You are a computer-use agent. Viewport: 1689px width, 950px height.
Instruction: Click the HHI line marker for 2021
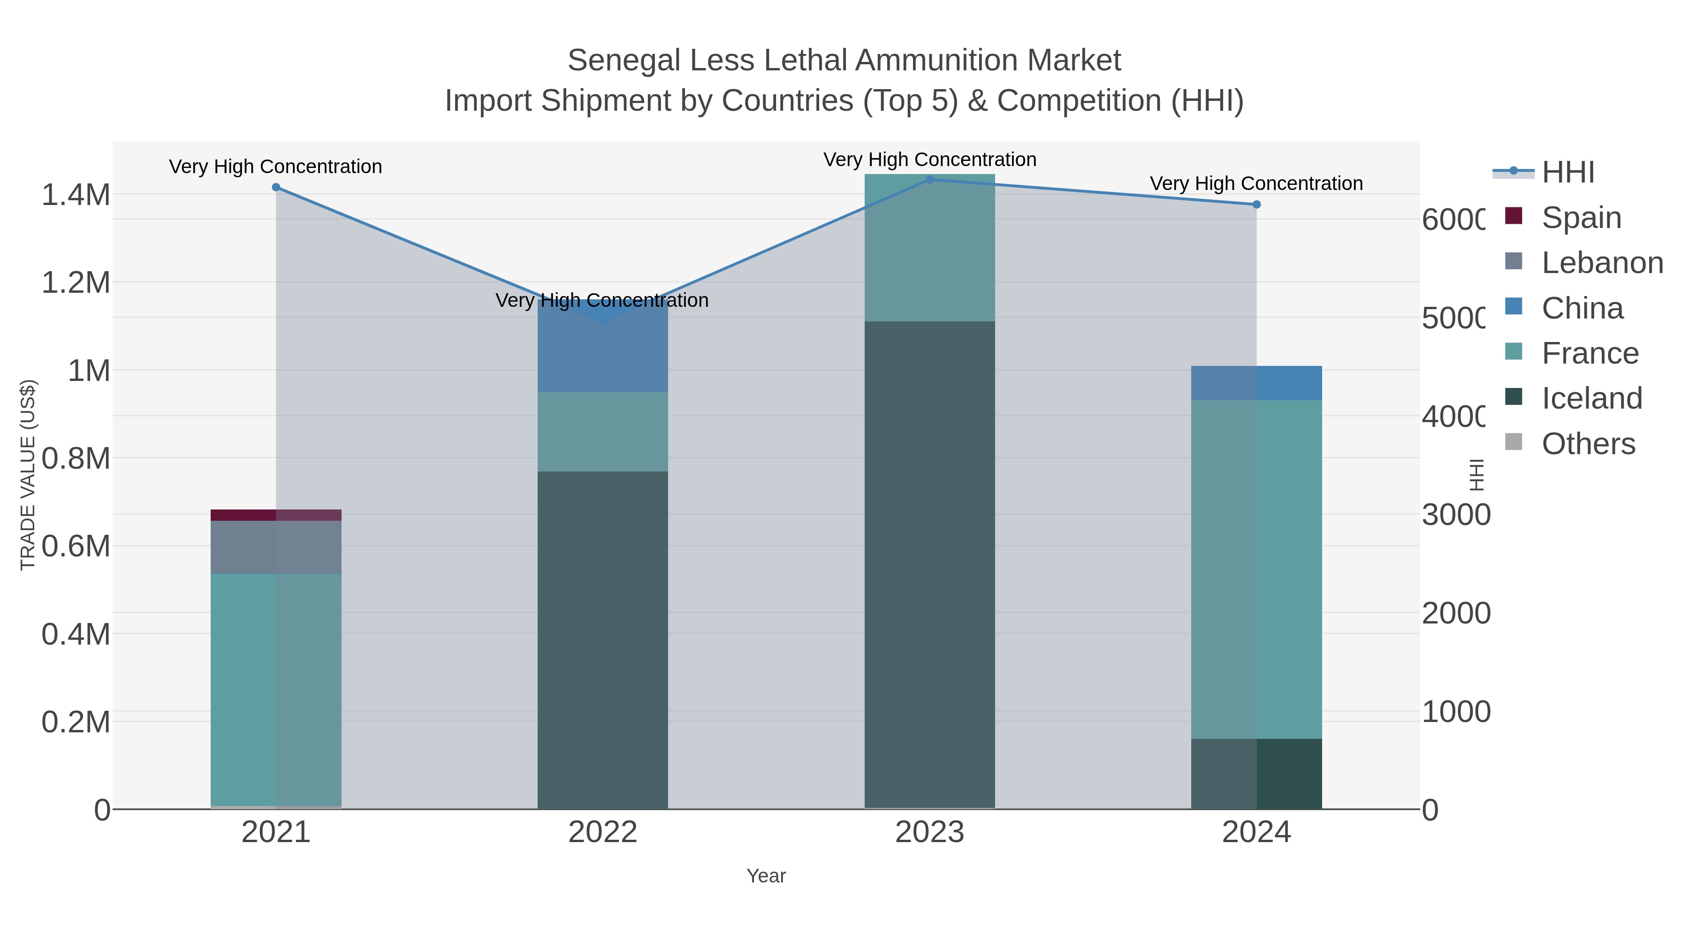pos(276,188)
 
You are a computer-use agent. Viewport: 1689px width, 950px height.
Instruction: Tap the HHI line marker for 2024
pos(1256,205)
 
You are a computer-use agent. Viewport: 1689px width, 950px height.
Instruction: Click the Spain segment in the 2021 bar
pos(276,515)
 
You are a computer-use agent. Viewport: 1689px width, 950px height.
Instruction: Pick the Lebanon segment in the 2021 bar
pos(276,547)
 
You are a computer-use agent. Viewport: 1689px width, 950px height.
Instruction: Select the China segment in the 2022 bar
pos(602,346)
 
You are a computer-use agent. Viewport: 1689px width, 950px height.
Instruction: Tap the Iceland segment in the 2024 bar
pos(1256,774)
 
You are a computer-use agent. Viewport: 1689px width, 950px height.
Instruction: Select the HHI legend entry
pos(1567,173)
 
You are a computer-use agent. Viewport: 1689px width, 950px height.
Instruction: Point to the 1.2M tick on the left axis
pos(76,282)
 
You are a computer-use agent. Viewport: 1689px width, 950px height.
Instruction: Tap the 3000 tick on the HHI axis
pos(1455,515)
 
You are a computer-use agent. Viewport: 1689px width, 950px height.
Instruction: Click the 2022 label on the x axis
pos(602,833)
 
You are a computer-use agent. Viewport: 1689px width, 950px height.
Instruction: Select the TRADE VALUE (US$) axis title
pos(28,475)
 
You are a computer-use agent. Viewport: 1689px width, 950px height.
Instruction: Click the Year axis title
pos(766,876)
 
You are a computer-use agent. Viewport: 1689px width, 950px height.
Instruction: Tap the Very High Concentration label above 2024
pos(1256,183)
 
